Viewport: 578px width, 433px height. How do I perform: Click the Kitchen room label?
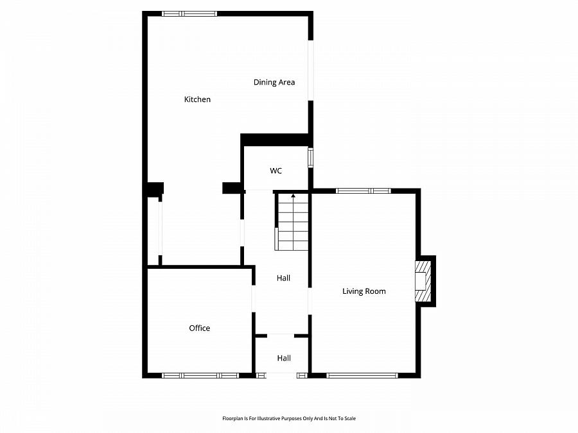click(197, 99)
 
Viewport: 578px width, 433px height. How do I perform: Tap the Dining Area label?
click(274, 82)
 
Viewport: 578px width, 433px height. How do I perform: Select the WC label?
click(276, 171)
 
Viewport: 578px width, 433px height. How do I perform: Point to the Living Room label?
click(363, 291)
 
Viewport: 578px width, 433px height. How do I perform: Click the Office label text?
click(199, 328)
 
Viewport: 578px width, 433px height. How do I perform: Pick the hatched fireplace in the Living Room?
click(423, 280)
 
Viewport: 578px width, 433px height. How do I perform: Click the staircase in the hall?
click(292, 221)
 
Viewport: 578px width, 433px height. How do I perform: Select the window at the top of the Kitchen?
click(189, 13)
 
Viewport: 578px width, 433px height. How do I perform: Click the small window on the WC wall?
click(310, 158)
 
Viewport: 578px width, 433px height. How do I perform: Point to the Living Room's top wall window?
click(363, 191)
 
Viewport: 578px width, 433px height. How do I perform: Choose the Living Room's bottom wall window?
click(362, 375)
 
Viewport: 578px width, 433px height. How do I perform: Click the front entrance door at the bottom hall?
click(282, 375)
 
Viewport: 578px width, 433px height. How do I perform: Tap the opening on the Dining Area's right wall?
click(310, 71)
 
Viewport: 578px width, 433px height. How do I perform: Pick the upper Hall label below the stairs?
click(283, 278)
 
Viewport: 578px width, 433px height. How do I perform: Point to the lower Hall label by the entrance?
click(284, 359)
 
